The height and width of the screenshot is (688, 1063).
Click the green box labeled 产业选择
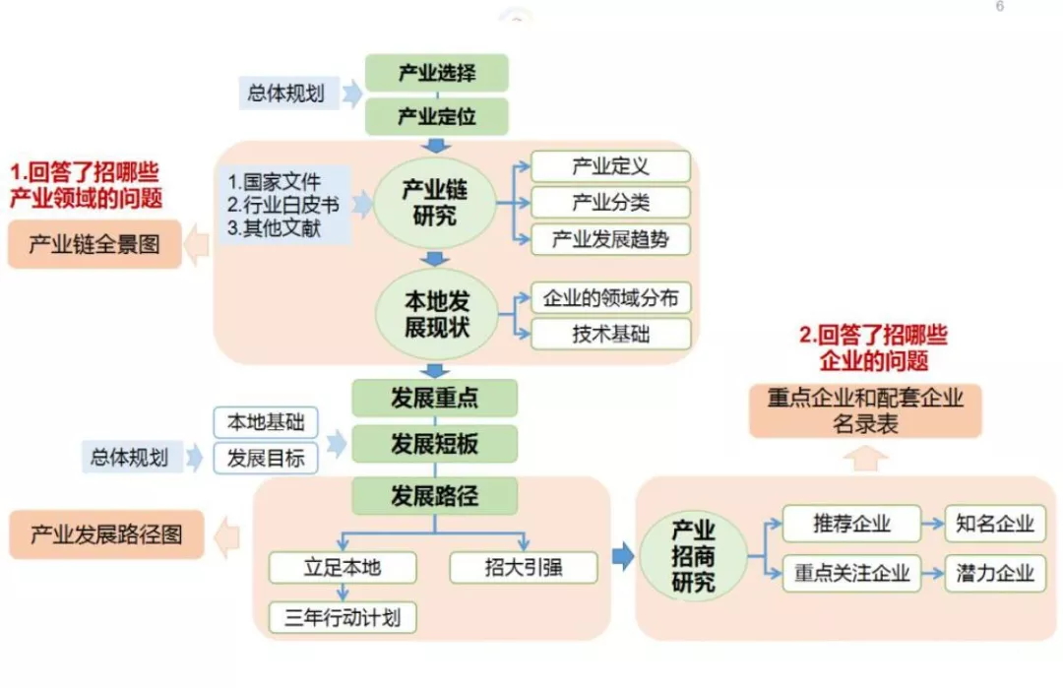436,73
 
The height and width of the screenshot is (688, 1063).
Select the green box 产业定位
436,116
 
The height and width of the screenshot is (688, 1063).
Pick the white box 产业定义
610,166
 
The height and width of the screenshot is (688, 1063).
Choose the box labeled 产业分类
610,203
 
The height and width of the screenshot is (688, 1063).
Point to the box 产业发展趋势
610,239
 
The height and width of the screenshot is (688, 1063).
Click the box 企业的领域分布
610,297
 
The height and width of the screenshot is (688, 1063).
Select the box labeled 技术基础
610,334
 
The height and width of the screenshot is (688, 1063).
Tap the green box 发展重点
434,398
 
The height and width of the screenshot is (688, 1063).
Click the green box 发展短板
434,443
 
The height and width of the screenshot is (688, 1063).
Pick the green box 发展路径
434,494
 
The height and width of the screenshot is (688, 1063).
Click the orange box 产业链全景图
94,244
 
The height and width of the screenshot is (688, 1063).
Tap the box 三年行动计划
343,617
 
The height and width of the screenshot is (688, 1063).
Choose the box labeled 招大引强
523,568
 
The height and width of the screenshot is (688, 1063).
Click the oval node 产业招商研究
694,556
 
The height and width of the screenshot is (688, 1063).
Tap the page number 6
1000,7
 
